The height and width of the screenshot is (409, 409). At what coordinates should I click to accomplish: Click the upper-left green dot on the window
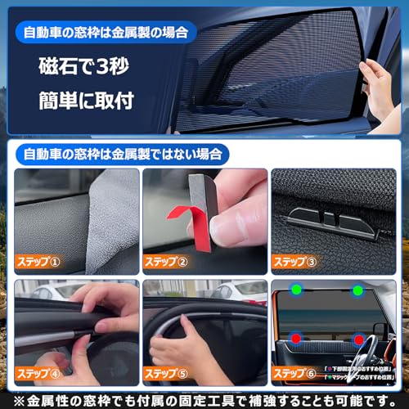point(302,290)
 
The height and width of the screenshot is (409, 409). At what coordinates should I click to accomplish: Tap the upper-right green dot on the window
point(357,290)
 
